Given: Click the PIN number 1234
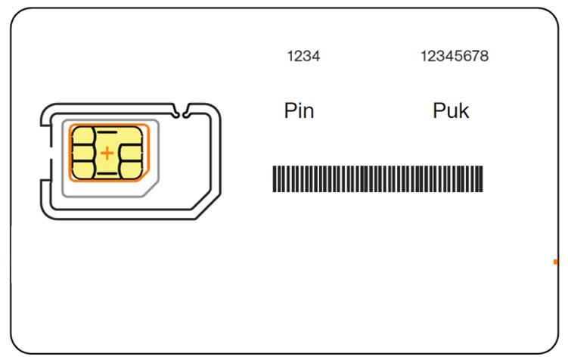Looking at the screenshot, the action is [x=303, y=56].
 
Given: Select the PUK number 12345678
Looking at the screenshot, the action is [x=455, y=56].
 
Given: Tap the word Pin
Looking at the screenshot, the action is [x=300, y=110].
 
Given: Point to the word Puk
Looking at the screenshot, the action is [x=452, y=110].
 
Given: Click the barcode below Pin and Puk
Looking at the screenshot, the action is [x=378, y=179].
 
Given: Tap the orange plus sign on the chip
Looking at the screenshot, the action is [x=107, y=154].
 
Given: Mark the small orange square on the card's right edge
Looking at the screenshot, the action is [x=556, y=262].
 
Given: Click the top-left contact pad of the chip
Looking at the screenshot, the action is [x=83, y=136].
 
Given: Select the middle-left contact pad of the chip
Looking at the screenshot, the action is [x=83, y=153].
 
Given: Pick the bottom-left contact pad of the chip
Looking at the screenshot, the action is [x=83, y=169].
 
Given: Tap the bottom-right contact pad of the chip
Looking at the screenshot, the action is [x=130, y=169].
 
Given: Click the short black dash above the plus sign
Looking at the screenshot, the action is [x=107, y=132].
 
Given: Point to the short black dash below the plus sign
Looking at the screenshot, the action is [x=107, y=174].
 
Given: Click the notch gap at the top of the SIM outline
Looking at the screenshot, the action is [x=181, y=110].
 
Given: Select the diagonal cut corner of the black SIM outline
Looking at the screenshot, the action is [x=206, y=206].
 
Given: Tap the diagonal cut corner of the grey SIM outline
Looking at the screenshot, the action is [x=151, y=189].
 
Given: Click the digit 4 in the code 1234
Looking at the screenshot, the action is [x=316, y=56].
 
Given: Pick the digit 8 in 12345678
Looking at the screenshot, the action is [x=484, y=56].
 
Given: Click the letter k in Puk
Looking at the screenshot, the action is [x=464, y=110].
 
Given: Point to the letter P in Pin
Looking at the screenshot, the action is [x=290, y=110].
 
